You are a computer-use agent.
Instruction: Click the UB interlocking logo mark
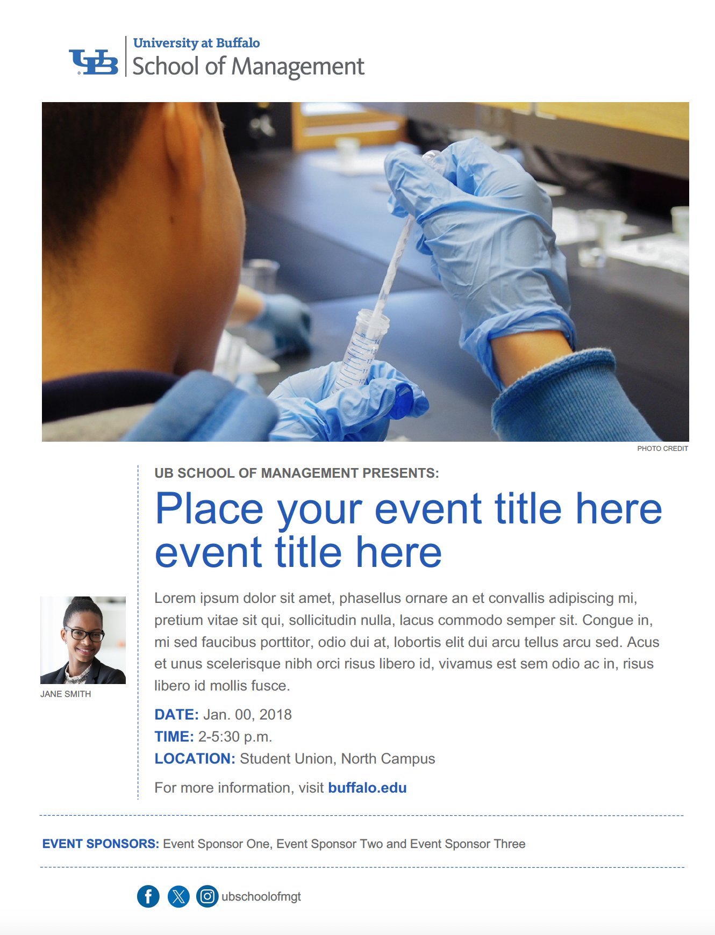[x=94, y=62]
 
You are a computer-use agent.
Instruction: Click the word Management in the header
[x=298, y=67]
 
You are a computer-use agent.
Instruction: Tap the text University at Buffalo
[x=196, y=43]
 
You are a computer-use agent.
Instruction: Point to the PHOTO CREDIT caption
[x=662, y=448]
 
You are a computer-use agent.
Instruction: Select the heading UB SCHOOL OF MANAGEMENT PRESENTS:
[x=297, y=473]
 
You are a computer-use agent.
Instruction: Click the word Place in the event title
[x=209, y=509]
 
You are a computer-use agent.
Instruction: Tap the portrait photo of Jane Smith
[x=83, y=640]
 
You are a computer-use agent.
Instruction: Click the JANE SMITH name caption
[x=66, y=694]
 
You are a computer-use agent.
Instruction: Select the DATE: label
[x=176, y=714]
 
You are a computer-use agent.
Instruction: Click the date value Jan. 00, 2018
[x=247, y=714]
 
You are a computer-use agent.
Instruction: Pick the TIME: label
[x=174, y=736]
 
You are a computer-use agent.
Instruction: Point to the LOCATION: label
[x=195, y=758]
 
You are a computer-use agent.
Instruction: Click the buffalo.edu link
[x=367, y=787]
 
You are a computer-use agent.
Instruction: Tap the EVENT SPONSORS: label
[x=101, y=844]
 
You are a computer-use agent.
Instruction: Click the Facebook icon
[x=148, y=896]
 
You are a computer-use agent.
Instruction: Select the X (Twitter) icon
[x=178, y=896]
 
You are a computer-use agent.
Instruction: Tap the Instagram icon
[x=207, y=896]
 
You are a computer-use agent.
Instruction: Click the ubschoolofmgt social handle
[x=261, y=896]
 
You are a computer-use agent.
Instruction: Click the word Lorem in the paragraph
[x=175, y=598]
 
